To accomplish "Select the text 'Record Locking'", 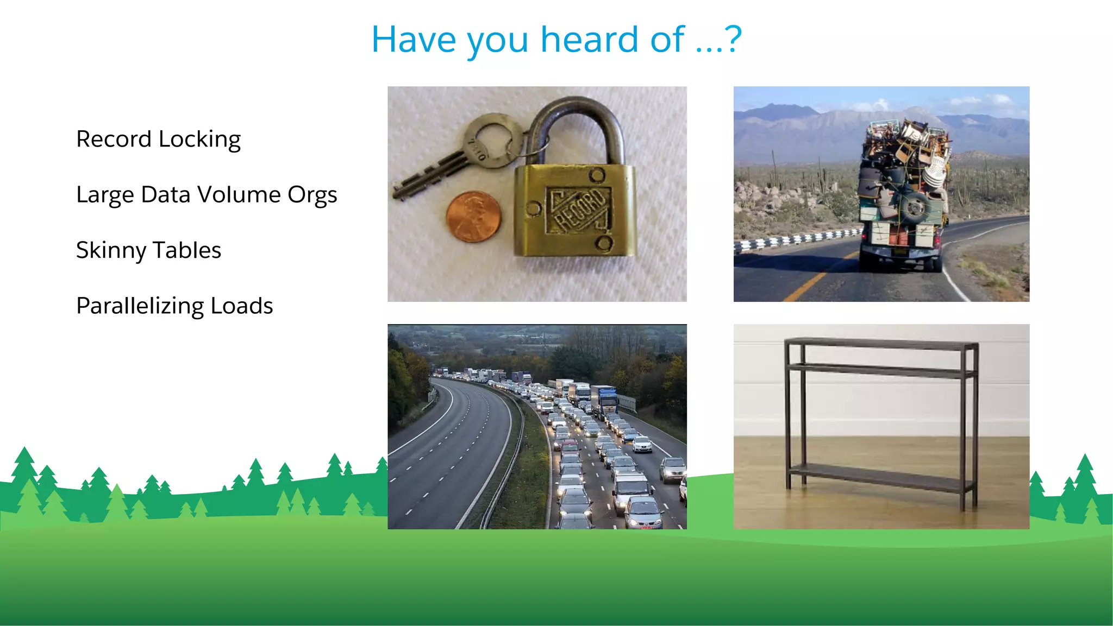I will click(158, 139).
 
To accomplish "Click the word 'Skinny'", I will click(111, 250).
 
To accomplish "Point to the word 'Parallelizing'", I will click(140, 306).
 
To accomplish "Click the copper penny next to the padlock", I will click(472, 217).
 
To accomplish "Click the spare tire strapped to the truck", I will click(915, 207).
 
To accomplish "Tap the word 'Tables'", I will click(186, 250).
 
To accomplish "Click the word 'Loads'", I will click(241, 306).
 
